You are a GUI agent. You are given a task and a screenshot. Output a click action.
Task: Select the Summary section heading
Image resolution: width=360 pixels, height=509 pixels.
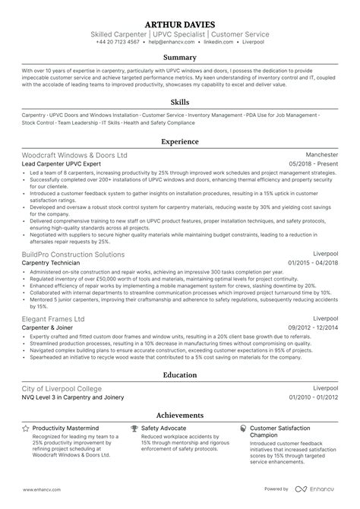tap(180, 58)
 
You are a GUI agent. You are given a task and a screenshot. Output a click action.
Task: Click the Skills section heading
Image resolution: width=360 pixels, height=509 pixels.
tap(180, 103)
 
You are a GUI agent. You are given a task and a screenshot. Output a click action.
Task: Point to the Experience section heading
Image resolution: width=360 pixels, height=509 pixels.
tap(180, 141)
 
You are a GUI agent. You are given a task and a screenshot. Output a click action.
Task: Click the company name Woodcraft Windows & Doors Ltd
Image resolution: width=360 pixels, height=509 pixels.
tap(75, 154)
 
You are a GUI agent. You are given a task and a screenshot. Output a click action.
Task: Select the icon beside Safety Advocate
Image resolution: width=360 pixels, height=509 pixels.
tap(134, 428)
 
